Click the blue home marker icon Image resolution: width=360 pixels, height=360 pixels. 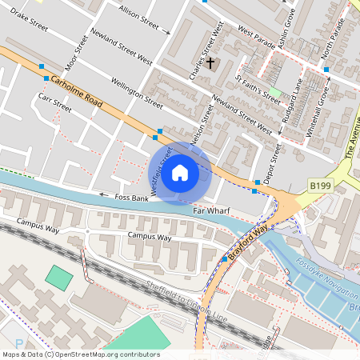click(180, 173)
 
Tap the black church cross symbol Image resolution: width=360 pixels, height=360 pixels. click(211, 62)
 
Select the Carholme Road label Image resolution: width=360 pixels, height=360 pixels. click(77, 90)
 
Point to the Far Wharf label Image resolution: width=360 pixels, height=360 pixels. click(211, 211)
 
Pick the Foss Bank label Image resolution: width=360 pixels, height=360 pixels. click(131, 196)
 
